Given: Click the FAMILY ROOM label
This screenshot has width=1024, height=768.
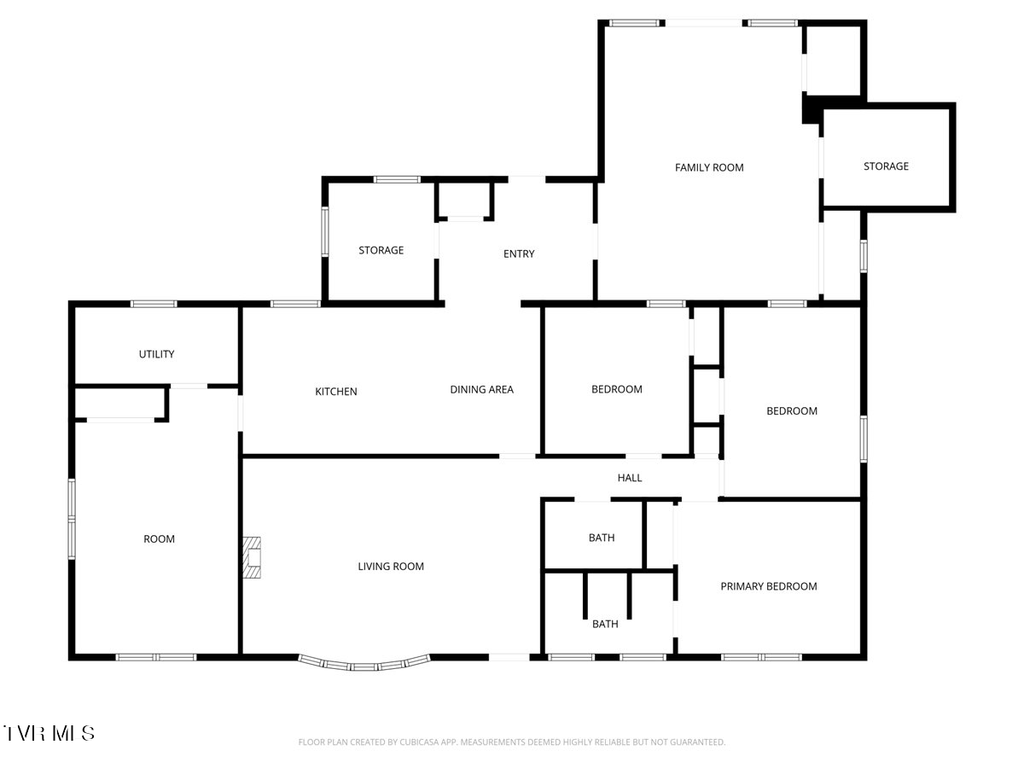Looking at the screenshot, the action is pyautogui.click(x=708, y=167).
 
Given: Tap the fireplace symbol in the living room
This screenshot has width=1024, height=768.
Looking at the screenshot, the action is pyautogui.click(x=252, y=557).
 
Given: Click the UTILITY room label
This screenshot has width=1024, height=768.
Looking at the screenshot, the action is pyautogui.click(x=156, y=354).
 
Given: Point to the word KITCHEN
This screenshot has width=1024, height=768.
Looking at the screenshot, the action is pyautogui.click(x=336, y=391).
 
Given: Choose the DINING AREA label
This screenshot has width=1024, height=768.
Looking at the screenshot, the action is pyautogui.click(x=481, y=389).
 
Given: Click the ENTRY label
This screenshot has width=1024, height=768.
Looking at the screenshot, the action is pyautogui.click(x=519, y=253).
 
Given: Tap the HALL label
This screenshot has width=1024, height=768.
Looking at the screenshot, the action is pyautogui.click(x=629, y=478).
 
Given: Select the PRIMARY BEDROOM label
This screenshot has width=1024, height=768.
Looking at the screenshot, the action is pyautogui.click(x=768, y=586).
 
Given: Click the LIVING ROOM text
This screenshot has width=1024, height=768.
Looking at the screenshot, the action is pyautogui.click(x=391, y=566).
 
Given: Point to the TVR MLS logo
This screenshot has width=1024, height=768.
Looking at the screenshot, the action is pyautogui.click(x=49, y=733).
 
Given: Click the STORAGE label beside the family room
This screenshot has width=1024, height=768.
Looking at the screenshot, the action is pyautogui.click(x=886, y=166).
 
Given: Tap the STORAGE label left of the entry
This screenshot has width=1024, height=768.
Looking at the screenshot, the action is pyautogui.click(x=381, y=250).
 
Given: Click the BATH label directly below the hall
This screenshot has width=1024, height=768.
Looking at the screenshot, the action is pyautogui.click(x=602, y=538).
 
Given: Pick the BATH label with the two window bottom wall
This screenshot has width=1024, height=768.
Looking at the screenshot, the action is pyautogui.click(x=605, y=624).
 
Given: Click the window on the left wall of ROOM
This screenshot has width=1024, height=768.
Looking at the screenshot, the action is pyautogui.click(x=72, y=519).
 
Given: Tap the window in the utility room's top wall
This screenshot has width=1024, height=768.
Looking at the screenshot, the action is pyautogui.click(x=154, y=304).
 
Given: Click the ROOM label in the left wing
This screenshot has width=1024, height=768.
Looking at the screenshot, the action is pyautogui.click(x=159, y=539).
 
